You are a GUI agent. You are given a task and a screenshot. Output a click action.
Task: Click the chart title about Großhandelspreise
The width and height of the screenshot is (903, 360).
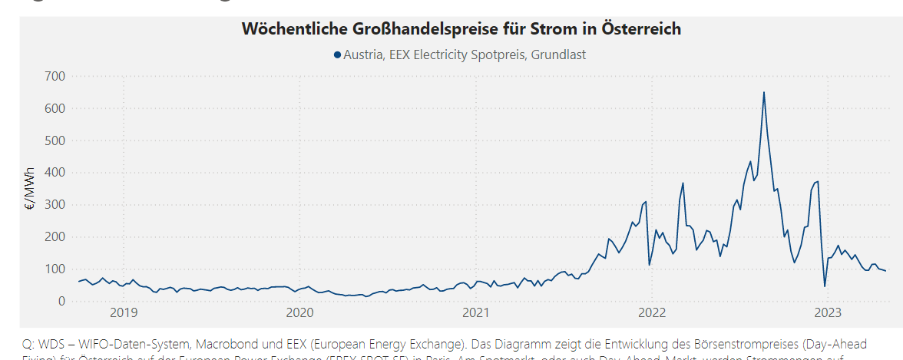[x=461, y=29]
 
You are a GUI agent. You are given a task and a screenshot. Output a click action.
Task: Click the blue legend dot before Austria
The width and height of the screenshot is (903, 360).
[x=337, y=54]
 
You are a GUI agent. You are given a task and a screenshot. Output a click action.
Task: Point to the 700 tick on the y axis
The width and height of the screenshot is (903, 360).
[x=56, y=76]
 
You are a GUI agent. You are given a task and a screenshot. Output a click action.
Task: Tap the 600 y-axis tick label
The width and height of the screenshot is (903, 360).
[x=56, y=108]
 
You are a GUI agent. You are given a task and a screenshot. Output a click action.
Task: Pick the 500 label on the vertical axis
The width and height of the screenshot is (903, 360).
[x=56, y=140]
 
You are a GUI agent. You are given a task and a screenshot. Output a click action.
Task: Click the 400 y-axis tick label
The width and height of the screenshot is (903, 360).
[x=56, y=173]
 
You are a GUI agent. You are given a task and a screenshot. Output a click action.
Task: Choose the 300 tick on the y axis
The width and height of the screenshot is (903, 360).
[x=56, y=205]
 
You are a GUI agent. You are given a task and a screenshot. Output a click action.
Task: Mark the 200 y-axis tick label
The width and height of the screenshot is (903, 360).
[x=56, y=236]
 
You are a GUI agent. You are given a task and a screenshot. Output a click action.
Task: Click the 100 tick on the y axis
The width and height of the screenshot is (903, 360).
[x=56, y=269]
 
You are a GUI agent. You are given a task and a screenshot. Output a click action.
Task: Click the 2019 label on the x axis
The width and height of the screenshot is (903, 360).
[x=124, y=312]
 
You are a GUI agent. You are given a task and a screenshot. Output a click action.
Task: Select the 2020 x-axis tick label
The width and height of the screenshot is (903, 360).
[x=299, y=312]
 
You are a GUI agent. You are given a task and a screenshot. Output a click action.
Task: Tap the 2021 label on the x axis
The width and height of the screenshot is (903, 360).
[x=476, y=312]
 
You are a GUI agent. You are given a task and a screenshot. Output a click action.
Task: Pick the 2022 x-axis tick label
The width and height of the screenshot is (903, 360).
[x=652, y=312]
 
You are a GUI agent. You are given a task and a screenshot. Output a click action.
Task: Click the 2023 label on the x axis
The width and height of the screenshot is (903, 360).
[x=828, y=312]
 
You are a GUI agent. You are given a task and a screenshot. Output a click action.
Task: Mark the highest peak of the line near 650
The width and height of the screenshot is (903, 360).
[x=763, y=93]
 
